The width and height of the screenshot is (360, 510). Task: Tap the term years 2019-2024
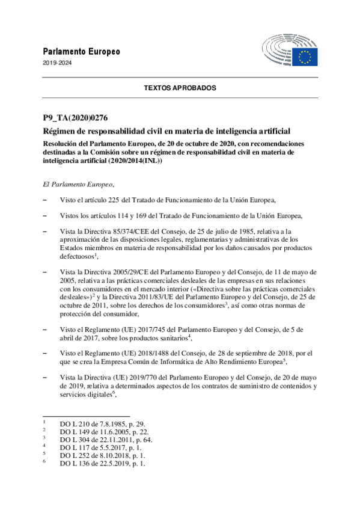[x=55, y=64]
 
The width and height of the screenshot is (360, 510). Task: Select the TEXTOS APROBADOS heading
[x=180, y=88]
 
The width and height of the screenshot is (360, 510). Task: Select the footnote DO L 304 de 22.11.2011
[x=106, y=440]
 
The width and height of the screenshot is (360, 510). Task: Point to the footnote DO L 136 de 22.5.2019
[x=102, y=464]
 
